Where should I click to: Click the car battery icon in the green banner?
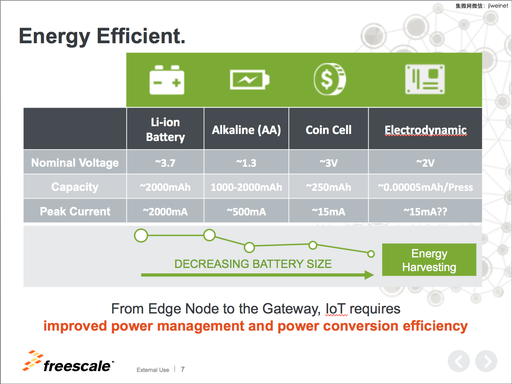click(167, 80)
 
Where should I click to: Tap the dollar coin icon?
click(329, 79)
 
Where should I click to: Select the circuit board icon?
click(425, 79)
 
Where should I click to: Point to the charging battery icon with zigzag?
click(250, 79)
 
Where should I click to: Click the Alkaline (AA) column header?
click(246, 130)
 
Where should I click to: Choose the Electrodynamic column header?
click(425, 130)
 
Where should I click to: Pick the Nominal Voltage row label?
click(75, 162)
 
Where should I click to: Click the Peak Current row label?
click(75, 211)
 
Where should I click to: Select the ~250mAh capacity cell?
click(328, 187)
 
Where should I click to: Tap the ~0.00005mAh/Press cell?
click(425, 187)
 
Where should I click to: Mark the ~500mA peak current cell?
click(246, 212)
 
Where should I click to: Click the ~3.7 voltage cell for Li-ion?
click(165, 163)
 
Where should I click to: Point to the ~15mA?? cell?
click(425, 212)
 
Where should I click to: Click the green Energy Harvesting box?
click(429, 260)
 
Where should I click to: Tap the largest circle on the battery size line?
click(141, 236)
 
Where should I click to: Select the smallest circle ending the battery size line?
click(371, 254)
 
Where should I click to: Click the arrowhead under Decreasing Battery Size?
click(369, 275)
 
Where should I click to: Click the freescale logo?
click(68, 361)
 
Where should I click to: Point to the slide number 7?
click(183, 370)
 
